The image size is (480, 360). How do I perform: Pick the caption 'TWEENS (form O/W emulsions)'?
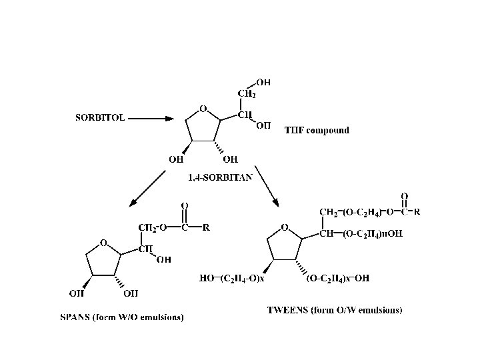[335, 310]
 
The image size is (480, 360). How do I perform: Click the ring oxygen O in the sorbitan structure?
[203, 109]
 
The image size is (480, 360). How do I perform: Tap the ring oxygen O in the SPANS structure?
[103, 243]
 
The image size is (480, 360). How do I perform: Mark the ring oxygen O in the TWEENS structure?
[285, 227]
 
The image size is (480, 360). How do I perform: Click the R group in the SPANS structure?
[207, 227]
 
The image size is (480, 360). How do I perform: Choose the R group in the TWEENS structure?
[417, 213]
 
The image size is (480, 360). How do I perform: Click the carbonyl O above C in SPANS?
[184, 205]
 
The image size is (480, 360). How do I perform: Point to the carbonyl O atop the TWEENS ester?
[404, 197]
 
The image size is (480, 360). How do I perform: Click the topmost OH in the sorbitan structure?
[263, 83]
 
